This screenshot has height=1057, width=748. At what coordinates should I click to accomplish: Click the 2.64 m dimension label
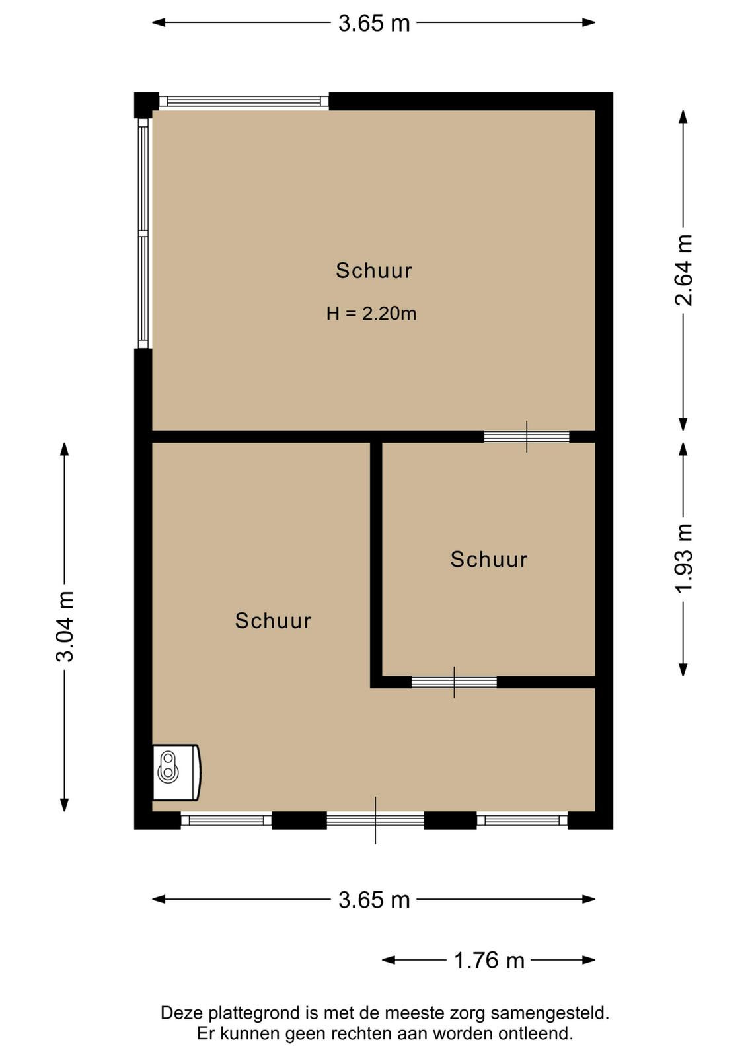(683, 270)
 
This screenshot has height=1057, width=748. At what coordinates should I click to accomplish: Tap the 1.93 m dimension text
(683, 558)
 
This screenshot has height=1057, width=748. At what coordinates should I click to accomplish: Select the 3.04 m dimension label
(65, 627)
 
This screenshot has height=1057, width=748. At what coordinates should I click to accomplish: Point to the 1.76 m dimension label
(489, 961)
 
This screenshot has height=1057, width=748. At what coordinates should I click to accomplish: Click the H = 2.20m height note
(371, 314)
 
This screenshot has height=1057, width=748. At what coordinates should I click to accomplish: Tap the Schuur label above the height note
(374, 271)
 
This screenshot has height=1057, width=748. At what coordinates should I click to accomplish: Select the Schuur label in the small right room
(489, 560)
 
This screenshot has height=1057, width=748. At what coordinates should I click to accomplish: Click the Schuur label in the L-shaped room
(274, 621)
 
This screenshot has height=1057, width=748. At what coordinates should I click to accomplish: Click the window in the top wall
(244, 101)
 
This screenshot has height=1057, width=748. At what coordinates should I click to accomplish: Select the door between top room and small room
(527, 437)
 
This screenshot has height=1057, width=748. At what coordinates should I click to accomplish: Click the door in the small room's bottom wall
(454, 682)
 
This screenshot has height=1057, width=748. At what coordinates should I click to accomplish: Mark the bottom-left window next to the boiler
(226, 820)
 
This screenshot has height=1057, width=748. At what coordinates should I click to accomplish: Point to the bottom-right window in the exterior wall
(522, 820)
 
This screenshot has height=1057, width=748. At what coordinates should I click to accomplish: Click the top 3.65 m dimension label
(374, 24)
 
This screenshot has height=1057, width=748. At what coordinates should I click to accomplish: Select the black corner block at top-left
(146, 105)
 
